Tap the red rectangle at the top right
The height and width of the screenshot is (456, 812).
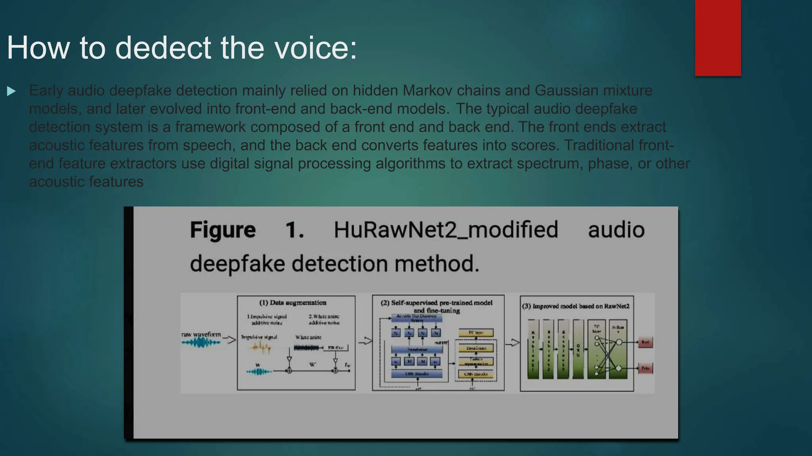point(718,38)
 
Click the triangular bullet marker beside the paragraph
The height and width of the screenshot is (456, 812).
point(11,91)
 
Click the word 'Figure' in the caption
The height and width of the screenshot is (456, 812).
point(223,230)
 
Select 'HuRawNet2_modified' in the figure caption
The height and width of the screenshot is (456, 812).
point(446,230)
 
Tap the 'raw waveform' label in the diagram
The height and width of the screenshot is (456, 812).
point(201,334)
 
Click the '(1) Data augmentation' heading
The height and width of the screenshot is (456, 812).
point(293,303)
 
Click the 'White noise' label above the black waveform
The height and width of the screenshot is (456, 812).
point(308,337)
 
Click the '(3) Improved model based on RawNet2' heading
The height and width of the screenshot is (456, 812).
point(576,306)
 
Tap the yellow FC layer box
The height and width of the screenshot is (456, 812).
point(476,332)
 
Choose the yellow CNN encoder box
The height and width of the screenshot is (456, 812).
point(476,374)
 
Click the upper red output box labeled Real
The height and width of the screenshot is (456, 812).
point(645,342)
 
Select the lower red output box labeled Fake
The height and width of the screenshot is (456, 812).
point(645,368)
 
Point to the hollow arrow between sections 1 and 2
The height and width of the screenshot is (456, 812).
point(365,341)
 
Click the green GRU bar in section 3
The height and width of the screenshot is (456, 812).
point(578,350)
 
